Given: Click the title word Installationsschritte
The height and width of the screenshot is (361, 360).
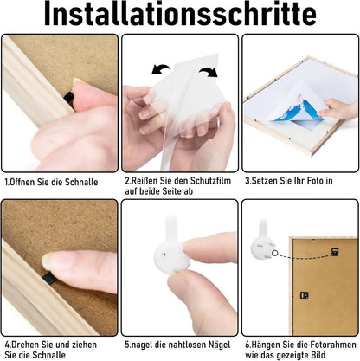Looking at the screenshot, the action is [180, 15].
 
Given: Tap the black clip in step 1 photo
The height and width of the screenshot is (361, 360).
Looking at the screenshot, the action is [68, 97].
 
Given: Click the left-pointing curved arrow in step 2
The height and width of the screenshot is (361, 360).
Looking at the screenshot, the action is [161, 69].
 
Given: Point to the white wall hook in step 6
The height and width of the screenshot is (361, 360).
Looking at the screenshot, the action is [262, 241].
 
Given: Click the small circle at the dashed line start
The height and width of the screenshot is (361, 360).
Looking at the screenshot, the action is [274, 254].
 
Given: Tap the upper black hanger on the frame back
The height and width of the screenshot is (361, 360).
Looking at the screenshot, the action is [335, 252].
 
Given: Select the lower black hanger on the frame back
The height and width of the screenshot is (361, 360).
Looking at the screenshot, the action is [305, 295].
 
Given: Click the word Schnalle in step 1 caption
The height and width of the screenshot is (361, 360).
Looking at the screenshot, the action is [81, 182].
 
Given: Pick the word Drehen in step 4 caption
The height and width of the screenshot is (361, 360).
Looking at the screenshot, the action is [26, 345].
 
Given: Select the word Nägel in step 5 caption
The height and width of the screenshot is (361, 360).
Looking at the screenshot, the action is [219, 345].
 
